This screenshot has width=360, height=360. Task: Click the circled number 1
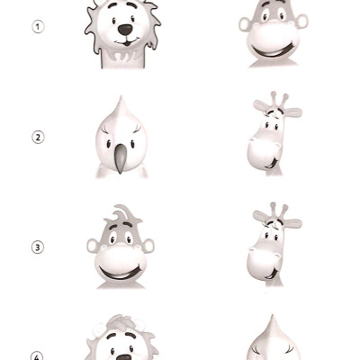tap(38, 26)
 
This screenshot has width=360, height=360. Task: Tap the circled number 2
tap(38, 137)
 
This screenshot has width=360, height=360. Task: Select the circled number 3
tap(38, 247)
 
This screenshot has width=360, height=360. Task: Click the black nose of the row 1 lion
tap(124, 30)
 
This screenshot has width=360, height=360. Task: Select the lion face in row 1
tap(121, 32)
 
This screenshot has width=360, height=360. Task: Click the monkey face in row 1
tap(274, 31)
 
